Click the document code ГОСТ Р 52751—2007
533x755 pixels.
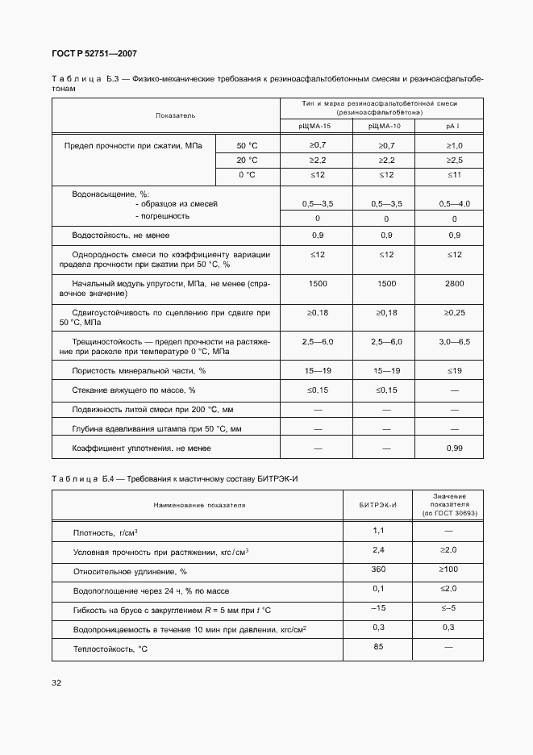(x=94, y=53)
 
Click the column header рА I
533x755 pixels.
(x=453, y=126)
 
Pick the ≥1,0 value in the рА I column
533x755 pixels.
(x=454, y=145)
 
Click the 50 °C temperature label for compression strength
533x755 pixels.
(x=247, y=145)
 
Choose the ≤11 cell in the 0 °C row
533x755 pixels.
(x=454, y=175)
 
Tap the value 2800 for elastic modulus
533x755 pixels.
(x=454, y=284)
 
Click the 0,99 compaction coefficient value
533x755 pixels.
(x=454, y=448)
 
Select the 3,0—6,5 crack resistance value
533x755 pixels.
(x=454, y=342)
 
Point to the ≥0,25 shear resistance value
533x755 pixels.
(x=454, y=312)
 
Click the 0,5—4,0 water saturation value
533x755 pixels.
(x=454, y=204)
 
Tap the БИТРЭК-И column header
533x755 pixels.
(x=377, y=505)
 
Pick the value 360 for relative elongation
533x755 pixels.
(x=377, y=569)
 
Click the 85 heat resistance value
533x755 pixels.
(x=377, y=647)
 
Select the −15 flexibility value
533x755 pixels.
(x=377, y=608)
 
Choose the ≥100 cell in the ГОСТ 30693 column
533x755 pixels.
(x=448, y=569)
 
